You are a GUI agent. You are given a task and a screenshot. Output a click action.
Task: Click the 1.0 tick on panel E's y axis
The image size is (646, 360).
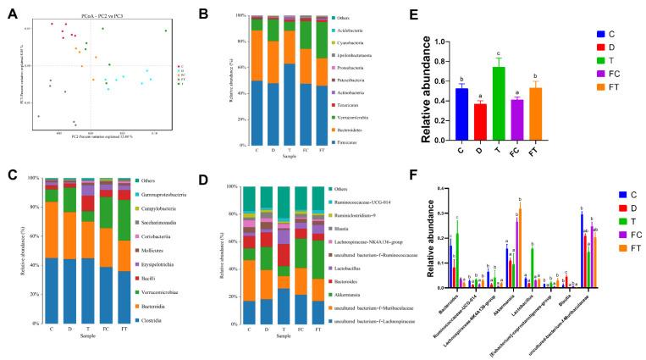coord(439,41)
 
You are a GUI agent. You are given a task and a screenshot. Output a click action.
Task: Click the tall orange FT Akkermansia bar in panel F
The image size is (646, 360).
coord(519,247)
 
